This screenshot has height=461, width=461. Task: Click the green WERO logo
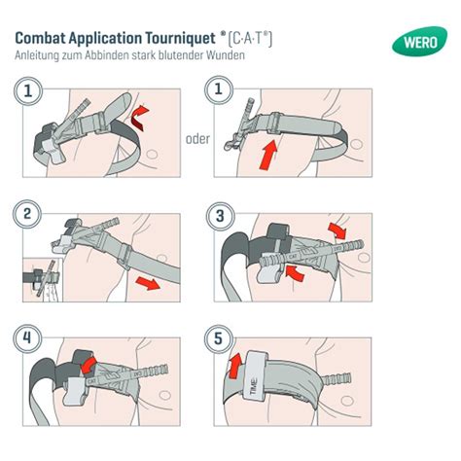(419, 42)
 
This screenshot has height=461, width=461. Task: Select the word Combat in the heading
(40, 38)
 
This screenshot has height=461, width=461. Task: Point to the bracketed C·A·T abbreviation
(250, 39)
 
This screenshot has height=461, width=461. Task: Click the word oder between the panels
(197, 139)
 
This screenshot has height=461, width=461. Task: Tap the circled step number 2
(27, 214)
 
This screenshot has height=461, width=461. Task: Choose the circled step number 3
(220, 216)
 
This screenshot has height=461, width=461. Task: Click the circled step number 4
(27, 338)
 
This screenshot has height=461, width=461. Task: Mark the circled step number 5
(219, 339)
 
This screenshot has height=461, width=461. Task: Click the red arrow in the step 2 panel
(147, 283)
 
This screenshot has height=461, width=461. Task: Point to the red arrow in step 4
(89, 365)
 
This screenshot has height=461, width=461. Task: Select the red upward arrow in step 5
(235, 366)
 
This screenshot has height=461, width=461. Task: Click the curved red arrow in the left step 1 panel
(138, 118)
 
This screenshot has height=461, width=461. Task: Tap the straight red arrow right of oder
(268, 155)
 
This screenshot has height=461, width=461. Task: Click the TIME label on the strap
(254, 386)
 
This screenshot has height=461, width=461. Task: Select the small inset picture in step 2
(43, 280)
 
